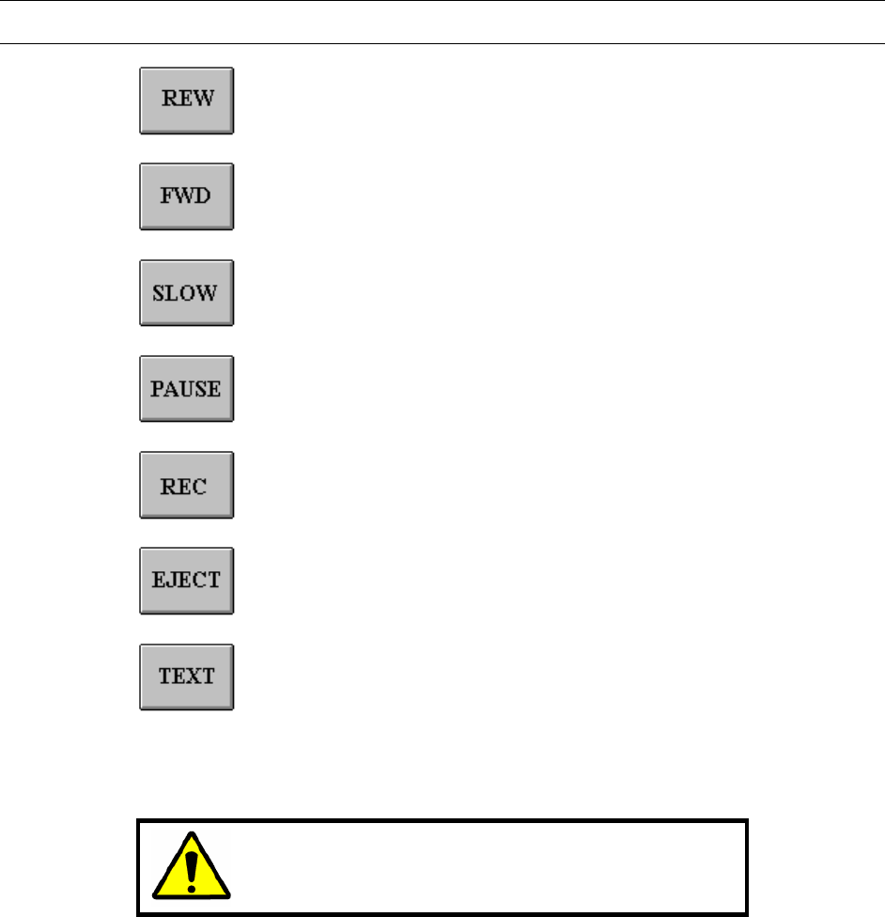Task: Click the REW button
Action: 186,101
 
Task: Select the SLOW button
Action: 186,292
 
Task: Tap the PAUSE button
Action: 186,388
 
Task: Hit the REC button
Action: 186,485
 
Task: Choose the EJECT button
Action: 186,581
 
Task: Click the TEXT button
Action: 186,676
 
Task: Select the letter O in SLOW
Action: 188,292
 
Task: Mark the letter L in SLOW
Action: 174,292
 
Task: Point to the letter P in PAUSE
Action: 158,388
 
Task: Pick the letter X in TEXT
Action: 193,676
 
